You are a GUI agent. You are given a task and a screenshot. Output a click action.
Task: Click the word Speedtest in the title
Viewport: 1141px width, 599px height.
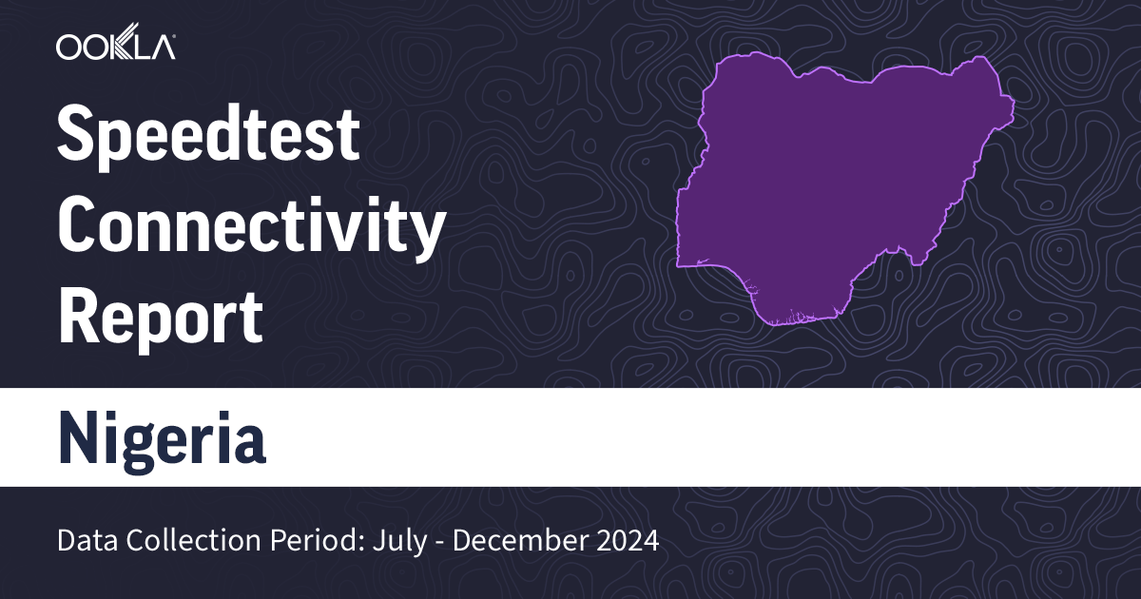tap(209, 135)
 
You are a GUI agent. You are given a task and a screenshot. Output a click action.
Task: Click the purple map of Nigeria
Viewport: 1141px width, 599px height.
tap(837, 190)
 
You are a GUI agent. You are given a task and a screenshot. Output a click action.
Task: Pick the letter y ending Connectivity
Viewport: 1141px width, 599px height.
tap(427, 234)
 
